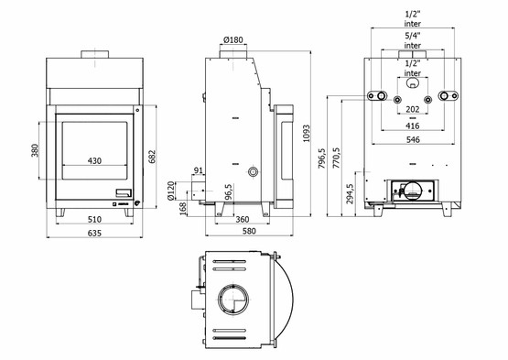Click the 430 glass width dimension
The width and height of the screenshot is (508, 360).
coord(94,161)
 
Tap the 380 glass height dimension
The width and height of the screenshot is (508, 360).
coord(35,150)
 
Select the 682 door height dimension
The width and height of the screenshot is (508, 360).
coord(152,157)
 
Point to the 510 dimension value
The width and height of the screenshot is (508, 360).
coord(94,220)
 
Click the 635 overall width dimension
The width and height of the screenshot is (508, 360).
coord(94,234)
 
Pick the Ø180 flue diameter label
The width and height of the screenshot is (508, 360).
coord(232,40)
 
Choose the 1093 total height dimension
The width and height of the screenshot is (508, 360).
coord(306,134)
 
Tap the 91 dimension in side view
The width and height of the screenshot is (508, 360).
coord(199,170)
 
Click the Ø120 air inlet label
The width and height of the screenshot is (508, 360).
coord(171,191)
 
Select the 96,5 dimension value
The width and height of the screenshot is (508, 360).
coord(229,192)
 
